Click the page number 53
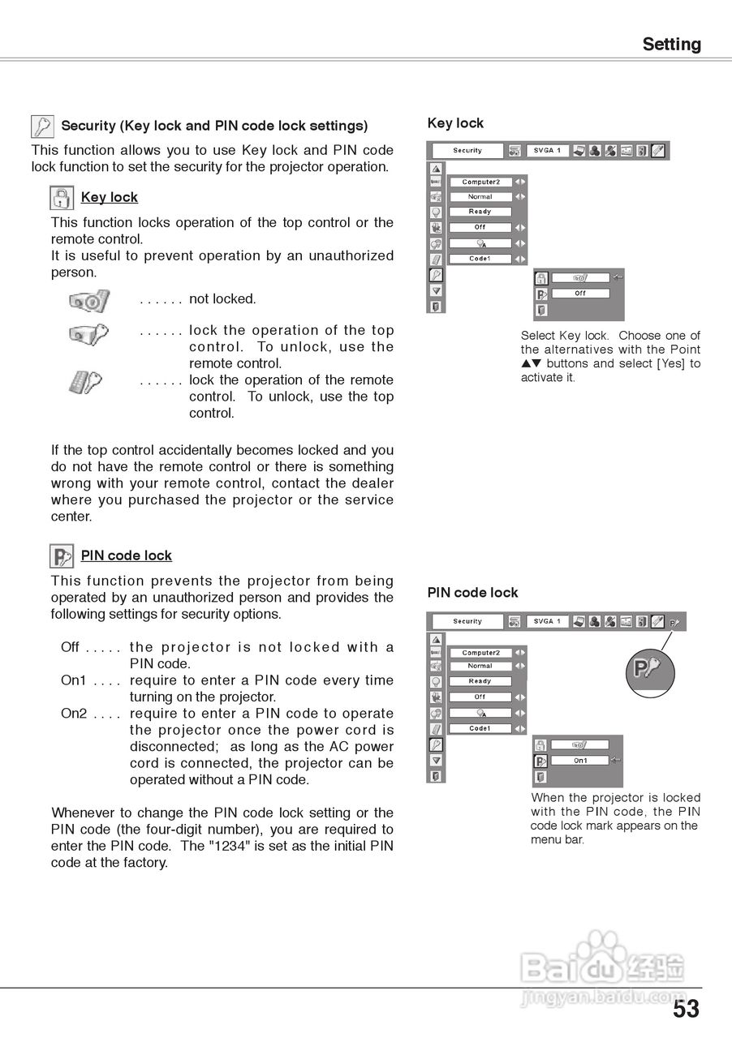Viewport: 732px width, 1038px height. pyautogui.click(x=685, y=1009)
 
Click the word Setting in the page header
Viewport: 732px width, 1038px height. pyautogui.click(x=671, y=44)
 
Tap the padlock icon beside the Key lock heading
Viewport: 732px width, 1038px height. pyautogui.click(x=62, y=198)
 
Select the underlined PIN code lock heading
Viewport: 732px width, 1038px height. pyautogui.click(x=127, y=555)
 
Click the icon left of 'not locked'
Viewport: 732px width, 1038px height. pyautogui.click(x=88, y=301)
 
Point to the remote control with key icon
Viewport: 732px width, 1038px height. pyautogui.click(x=85, y=381)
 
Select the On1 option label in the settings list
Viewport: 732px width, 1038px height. pyautogui.click(x=73, y=680)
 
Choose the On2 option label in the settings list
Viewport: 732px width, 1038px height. pyautogui.click(x=73, y=714)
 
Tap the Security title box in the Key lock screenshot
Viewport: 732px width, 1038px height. pyautogui.click(x=467, y=151)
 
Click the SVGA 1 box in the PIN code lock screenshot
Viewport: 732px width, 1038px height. pyautogui.click(x=547, y=621)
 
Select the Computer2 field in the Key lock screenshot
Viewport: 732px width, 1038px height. pyautogui.click(x=480, y=182)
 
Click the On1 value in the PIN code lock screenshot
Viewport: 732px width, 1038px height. pyautogui.click(x=580, y=761)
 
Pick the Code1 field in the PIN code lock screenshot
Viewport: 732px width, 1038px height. pyautogui.click(x=480, y=728)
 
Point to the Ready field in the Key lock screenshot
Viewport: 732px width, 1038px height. pyautogui.click(x=480, y=212)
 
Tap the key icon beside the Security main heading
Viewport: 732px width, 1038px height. pyautogui.click(x=42, y=127)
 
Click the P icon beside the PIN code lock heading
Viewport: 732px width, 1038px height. pyautogui.click(x=62, y=556)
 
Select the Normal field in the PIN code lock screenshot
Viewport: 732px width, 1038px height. pyautogui.click(x=480, y=666)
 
